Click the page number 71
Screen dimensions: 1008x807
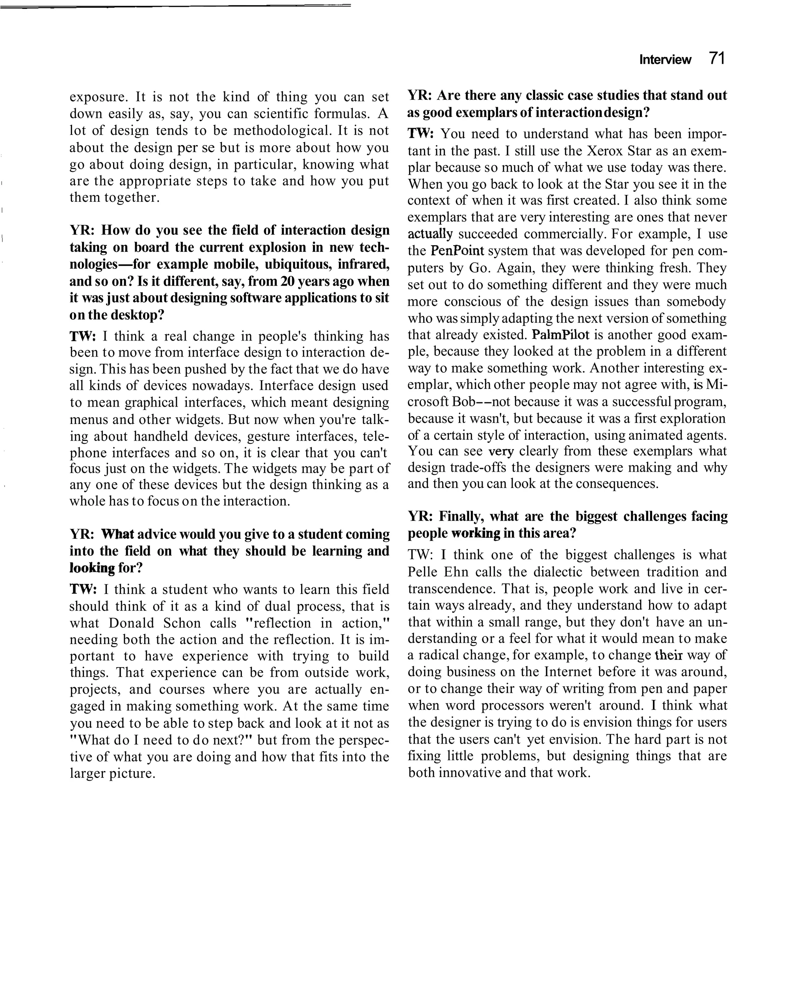tap(716, 58)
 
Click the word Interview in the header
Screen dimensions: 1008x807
tap(665, 60)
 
